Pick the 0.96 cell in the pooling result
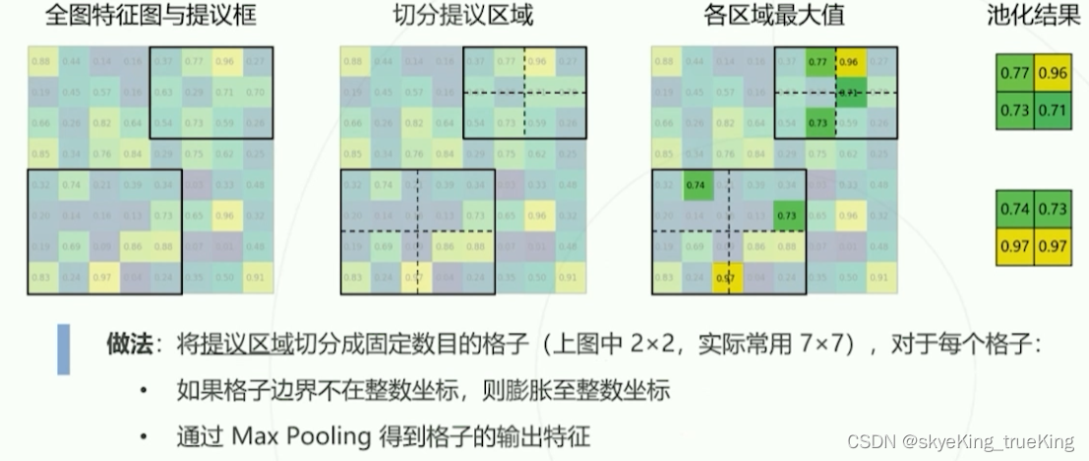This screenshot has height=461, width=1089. click(x=1053, y=73)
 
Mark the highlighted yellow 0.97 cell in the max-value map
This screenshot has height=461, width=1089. click(x=727, y=278)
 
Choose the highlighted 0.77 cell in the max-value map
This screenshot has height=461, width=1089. click(x=817, y=61)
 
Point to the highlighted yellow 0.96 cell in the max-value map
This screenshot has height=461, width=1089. click(x=849, y=61)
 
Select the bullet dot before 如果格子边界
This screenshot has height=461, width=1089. click(x=145, y=391)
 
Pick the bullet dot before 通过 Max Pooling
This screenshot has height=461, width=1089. click(x=145, y=435)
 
